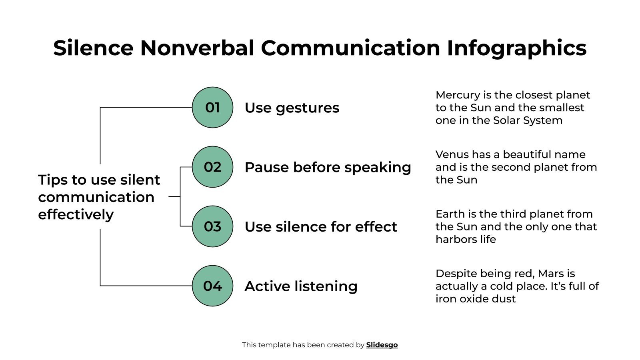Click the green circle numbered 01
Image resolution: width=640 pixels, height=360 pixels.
212,108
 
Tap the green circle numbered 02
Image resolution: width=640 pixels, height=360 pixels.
212,167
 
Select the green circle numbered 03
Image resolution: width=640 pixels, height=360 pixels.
212,226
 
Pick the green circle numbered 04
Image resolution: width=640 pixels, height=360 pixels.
212,286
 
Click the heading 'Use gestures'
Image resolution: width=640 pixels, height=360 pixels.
292,108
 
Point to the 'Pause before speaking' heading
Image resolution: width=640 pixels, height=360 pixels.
328,167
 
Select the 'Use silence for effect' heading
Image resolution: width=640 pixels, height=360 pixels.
320,227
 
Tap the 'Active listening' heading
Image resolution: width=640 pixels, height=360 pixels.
301,286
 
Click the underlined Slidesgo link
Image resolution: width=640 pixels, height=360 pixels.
382,345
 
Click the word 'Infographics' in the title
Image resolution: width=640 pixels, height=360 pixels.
516,48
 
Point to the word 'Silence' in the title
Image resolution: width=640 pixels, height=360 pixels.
93,48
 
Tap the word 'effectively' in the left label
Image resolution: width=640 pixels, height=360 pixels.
76,215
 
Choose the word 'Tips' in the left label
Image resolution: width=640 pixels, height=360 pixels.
53,180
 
